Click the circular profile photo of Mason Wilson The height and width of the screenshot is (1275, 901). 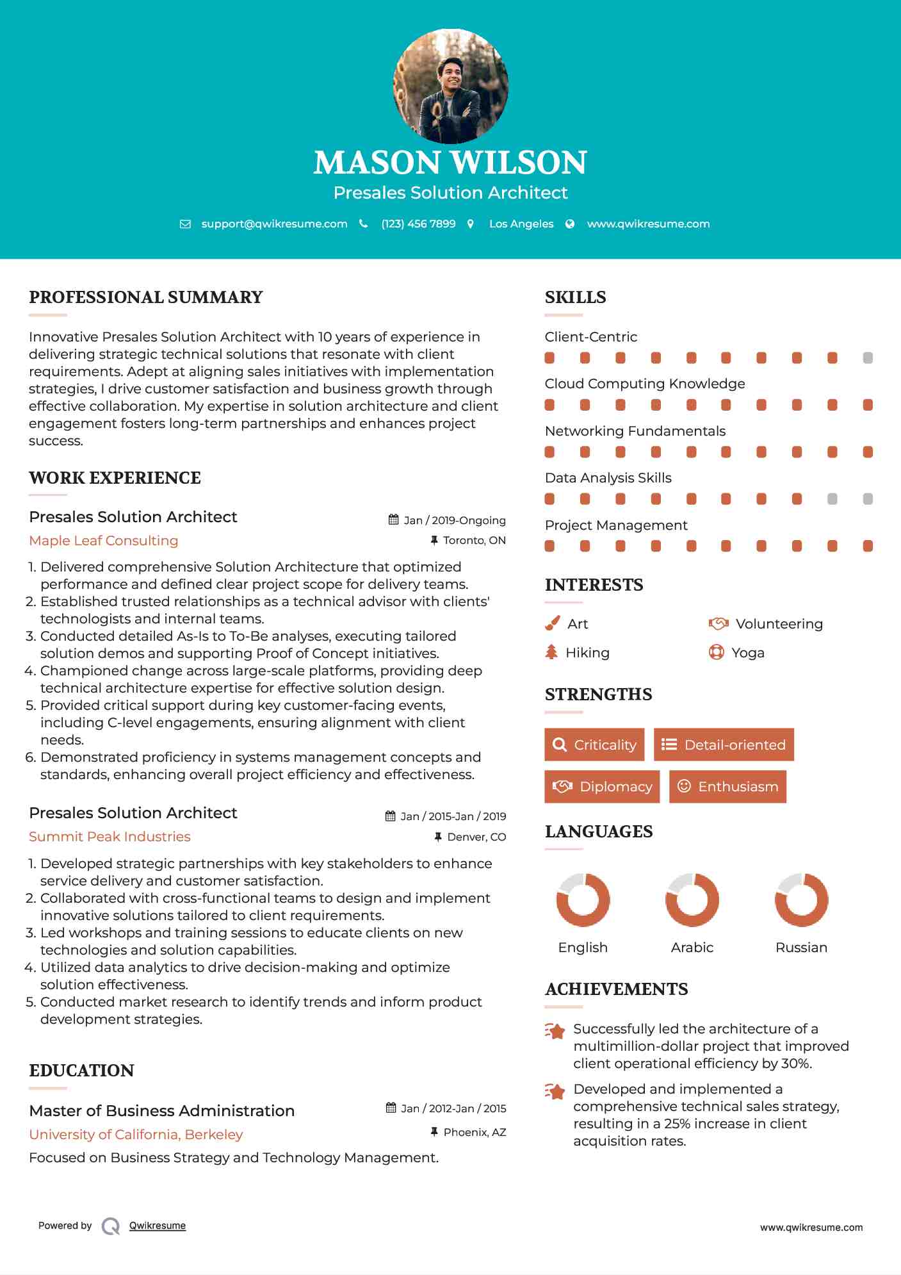point(450,86)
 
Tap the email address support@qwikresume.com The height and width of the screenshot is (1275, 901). point(274,224)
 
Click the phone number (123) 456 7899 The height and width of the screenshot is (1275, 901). point(418,224)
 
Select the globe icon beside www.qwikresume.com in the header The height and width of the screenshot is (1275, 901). point(570,224)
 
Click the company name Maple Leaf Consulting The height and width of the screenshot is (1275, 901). point(104,540)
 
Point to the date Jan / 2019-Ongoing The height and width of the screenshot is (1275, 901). point(454,520)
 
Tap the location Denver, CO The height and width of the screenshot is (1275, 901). point(476,837)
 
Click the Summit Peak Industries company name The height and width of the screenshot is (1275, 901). point(110,836)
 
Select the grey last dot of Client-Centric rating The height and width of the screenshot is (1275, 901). point(868,358)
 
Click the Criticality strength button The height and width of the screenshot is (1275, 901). point(594,744)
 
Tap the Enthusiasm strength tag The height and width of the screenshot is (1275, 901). point(727,786)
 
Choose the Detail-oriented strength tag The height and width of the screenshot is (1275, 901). point(724,744)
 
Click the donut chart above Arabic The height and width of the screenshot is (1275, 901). point(692,900)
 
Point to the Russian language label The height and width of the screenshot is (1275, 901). point(801,947)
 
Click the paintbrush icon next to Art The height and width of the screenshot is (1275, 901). point(552,623)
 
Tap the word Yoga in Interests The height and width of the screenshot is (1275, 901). point(748,652)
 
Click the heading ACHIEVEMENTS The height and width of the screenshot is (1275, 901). point(616,989)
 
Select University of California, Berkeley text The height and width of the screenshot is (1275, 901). point(136,1134)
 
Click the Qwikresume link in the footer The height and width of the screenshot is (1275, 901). point(158,1226)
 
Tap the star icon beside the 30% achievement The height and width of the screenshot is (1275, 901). point(555,1031)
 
